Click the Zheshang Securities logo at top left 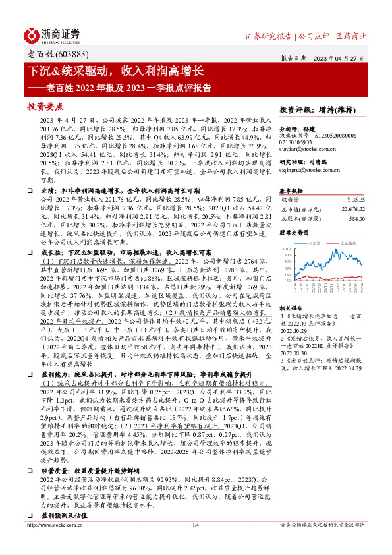(53, 34)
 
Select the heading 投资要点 (44, 105)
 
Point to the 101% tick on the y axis (286, 250)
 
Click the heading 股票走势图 (295, 232)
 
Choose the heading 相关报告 (292, 308)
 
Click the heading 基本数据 (292, 187)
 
